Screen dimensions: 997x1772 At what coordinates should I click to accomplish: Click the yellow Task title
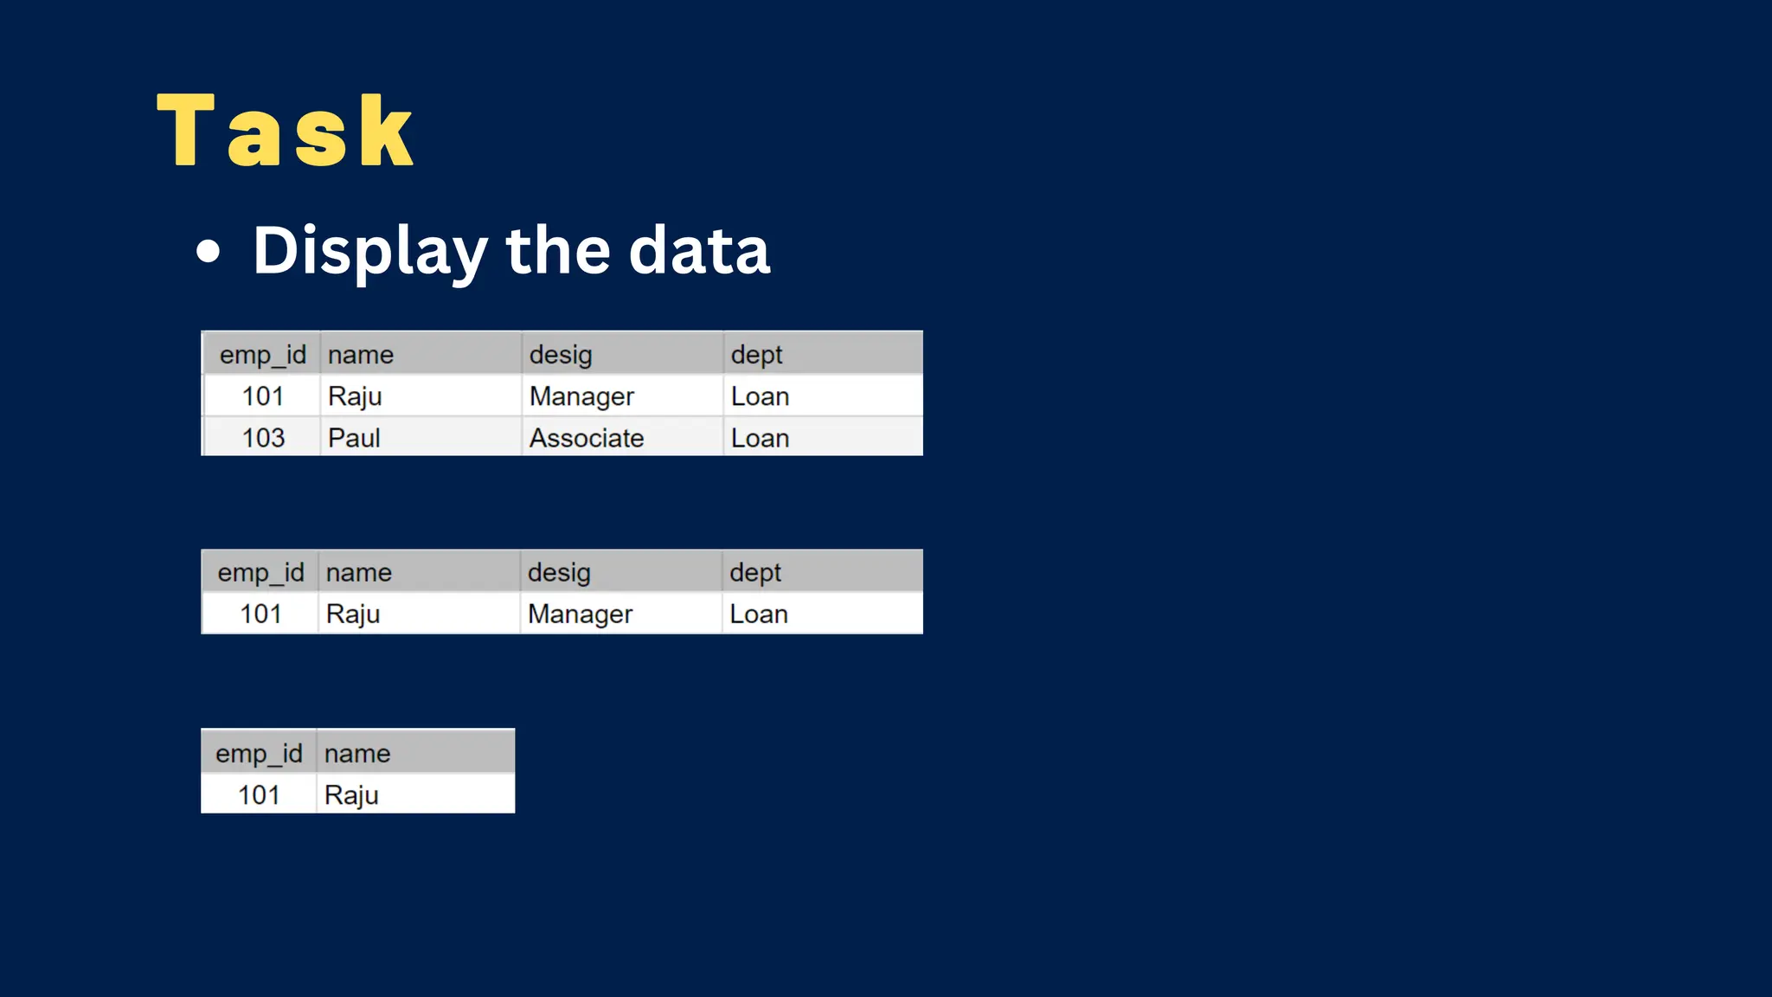pos(286,132)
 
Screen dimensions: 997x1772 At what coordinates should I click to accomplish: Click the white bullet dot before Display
pos(208,252)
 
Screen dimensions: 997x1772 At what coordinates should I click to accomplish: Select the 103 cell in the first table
pos(263,438)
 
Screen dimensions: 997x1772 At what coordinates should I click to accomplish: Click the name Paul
pos(354,438)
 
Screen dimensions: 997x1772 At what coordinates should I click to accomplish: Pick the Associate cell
pos(587,438)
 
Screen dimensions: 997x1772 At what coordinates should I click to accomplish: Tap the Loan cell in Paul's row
pos(760,438)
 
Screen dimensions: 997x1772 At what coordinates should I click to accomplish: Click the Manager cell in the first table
pos(581,396)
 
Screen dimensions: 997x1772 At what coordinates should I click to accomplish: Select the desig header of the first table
pos(561,355)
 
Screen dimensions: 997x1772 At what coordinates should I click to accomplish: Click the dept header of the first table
pos(756,355)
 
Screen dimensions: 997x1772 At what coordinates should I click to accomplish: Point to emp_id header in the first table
pos(263,355)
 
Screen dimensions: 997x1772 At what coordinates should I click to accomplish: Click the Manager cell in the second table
pos(580,614)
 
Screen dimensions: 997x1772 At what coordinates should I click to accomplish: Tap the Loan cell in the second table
pos(758,614)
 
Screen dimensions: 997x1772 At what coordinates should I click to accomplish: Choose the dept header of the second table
pos(754,573)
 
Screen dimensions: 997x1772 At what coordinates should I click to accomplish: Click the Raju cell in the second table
pos(353,614)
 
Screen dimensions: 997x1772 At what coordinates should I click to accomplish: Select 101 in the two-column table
pos(259,794)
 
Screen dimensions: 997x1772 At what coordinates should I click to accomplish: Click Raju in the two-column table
pos(351,794)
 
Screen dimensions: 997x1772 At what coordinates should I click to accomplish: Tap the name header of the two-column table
pos(357,754)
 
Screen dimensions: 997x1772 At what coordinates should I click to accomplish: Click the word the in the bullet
pos(558,251)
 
